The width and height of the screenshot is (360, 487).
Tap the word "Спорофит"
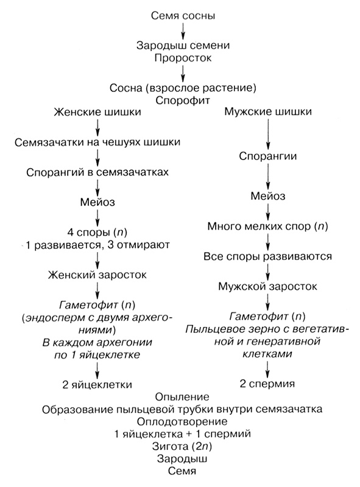183,99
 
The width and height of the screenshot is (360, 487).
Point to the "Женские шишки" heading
97,113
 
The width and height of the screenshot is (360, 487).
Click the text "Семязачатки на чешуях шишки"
97,143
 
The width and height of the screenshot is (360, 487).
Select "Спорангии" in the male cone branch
268,155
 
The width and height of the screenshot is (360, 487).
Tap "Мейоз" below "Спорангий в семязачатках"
97,201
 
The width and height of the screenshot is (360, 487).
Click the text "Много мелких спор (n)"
268,226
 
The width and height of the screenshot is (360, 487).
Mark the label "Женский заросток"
97,275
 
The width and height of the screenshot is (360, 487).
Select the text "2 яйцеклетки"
97,384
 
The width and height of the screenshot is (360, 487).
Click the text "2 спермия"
268,384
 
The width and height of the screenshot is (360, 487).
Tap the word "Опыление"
183,396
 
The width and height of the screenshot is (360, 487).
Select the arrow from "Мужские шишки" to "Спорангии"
268,134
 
